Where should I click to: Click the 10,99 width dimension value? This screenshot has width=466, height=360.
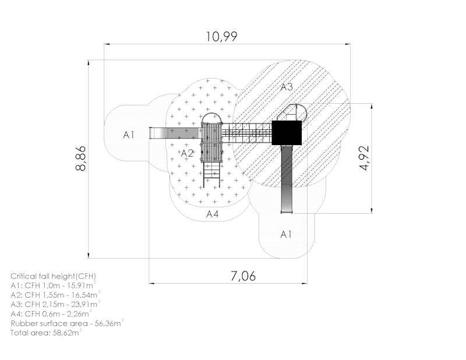click(x=222, y=37)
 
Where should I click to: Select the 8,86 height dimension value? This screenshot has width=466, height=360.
click(x=80, y=158)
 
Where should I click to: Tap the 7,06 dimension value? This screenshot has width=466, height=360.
click(x=243, y=276)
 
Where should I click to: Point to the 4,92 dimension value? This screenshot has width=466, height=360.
click(x=365, y=158)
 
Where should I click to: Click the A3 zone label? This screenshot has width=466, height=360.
click(x=287, y=87)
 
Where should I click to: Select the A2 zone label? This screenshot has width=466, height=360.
click(x=187, y=153)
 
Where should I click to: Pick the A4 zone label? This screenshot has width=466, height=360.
click(x=213, y=214)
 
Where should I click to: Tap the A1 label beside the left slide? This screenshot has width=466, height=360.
click(x=129, y=135)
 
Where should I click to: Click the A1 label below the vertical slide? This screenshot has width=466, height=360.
click(x=286, y=234)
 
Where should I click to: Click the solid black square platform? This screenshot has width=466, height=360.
click(x=287, y=133)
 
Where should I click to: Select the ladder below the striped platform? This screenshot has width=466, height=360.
click(x=211, y=175)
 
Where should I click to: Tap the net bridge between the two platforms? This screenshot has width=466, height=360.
click(x=246, y=133)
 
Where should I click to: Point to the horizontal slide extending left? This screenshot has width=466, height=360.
click(x=175, y=133)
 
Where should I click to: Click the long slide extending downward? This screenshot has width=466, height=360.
click(x=287, y=179)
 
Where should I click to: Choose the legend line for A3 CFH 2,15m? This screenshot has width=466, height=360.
click(x=55, y=304)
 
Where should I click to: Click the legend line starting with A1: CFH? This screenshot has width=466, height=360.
click(x=54, y=285)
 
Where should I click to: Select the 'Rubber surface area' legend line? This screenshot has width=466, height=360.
click(x=67, y=323)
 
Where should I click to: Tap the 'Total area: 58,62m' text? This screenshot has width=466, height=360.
click(x=46, y=333)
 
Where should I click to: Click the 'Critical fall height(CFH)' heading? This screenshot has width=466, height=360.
click(x=54, y=276)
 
